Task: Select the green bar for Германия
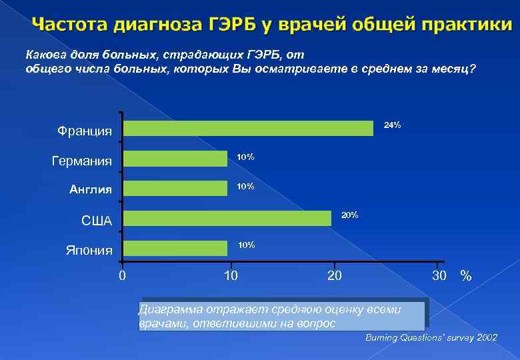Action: (175, 159)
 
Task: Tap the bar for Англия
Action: (175, 188)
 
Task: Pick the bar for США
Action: (227, 218)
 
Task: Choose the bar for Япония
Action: (175, 248)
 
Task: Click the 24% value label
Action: (392, 125)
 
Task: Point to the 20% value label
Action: (350, 215)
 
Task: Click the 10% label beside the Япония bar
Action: (246, 245)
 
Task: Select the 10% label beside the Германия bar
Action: (245, 157)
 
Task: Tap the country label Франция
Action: (85, 131)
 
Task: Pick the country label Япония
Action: (89, 251)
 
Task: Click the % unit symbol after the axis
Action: (466, 276)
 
